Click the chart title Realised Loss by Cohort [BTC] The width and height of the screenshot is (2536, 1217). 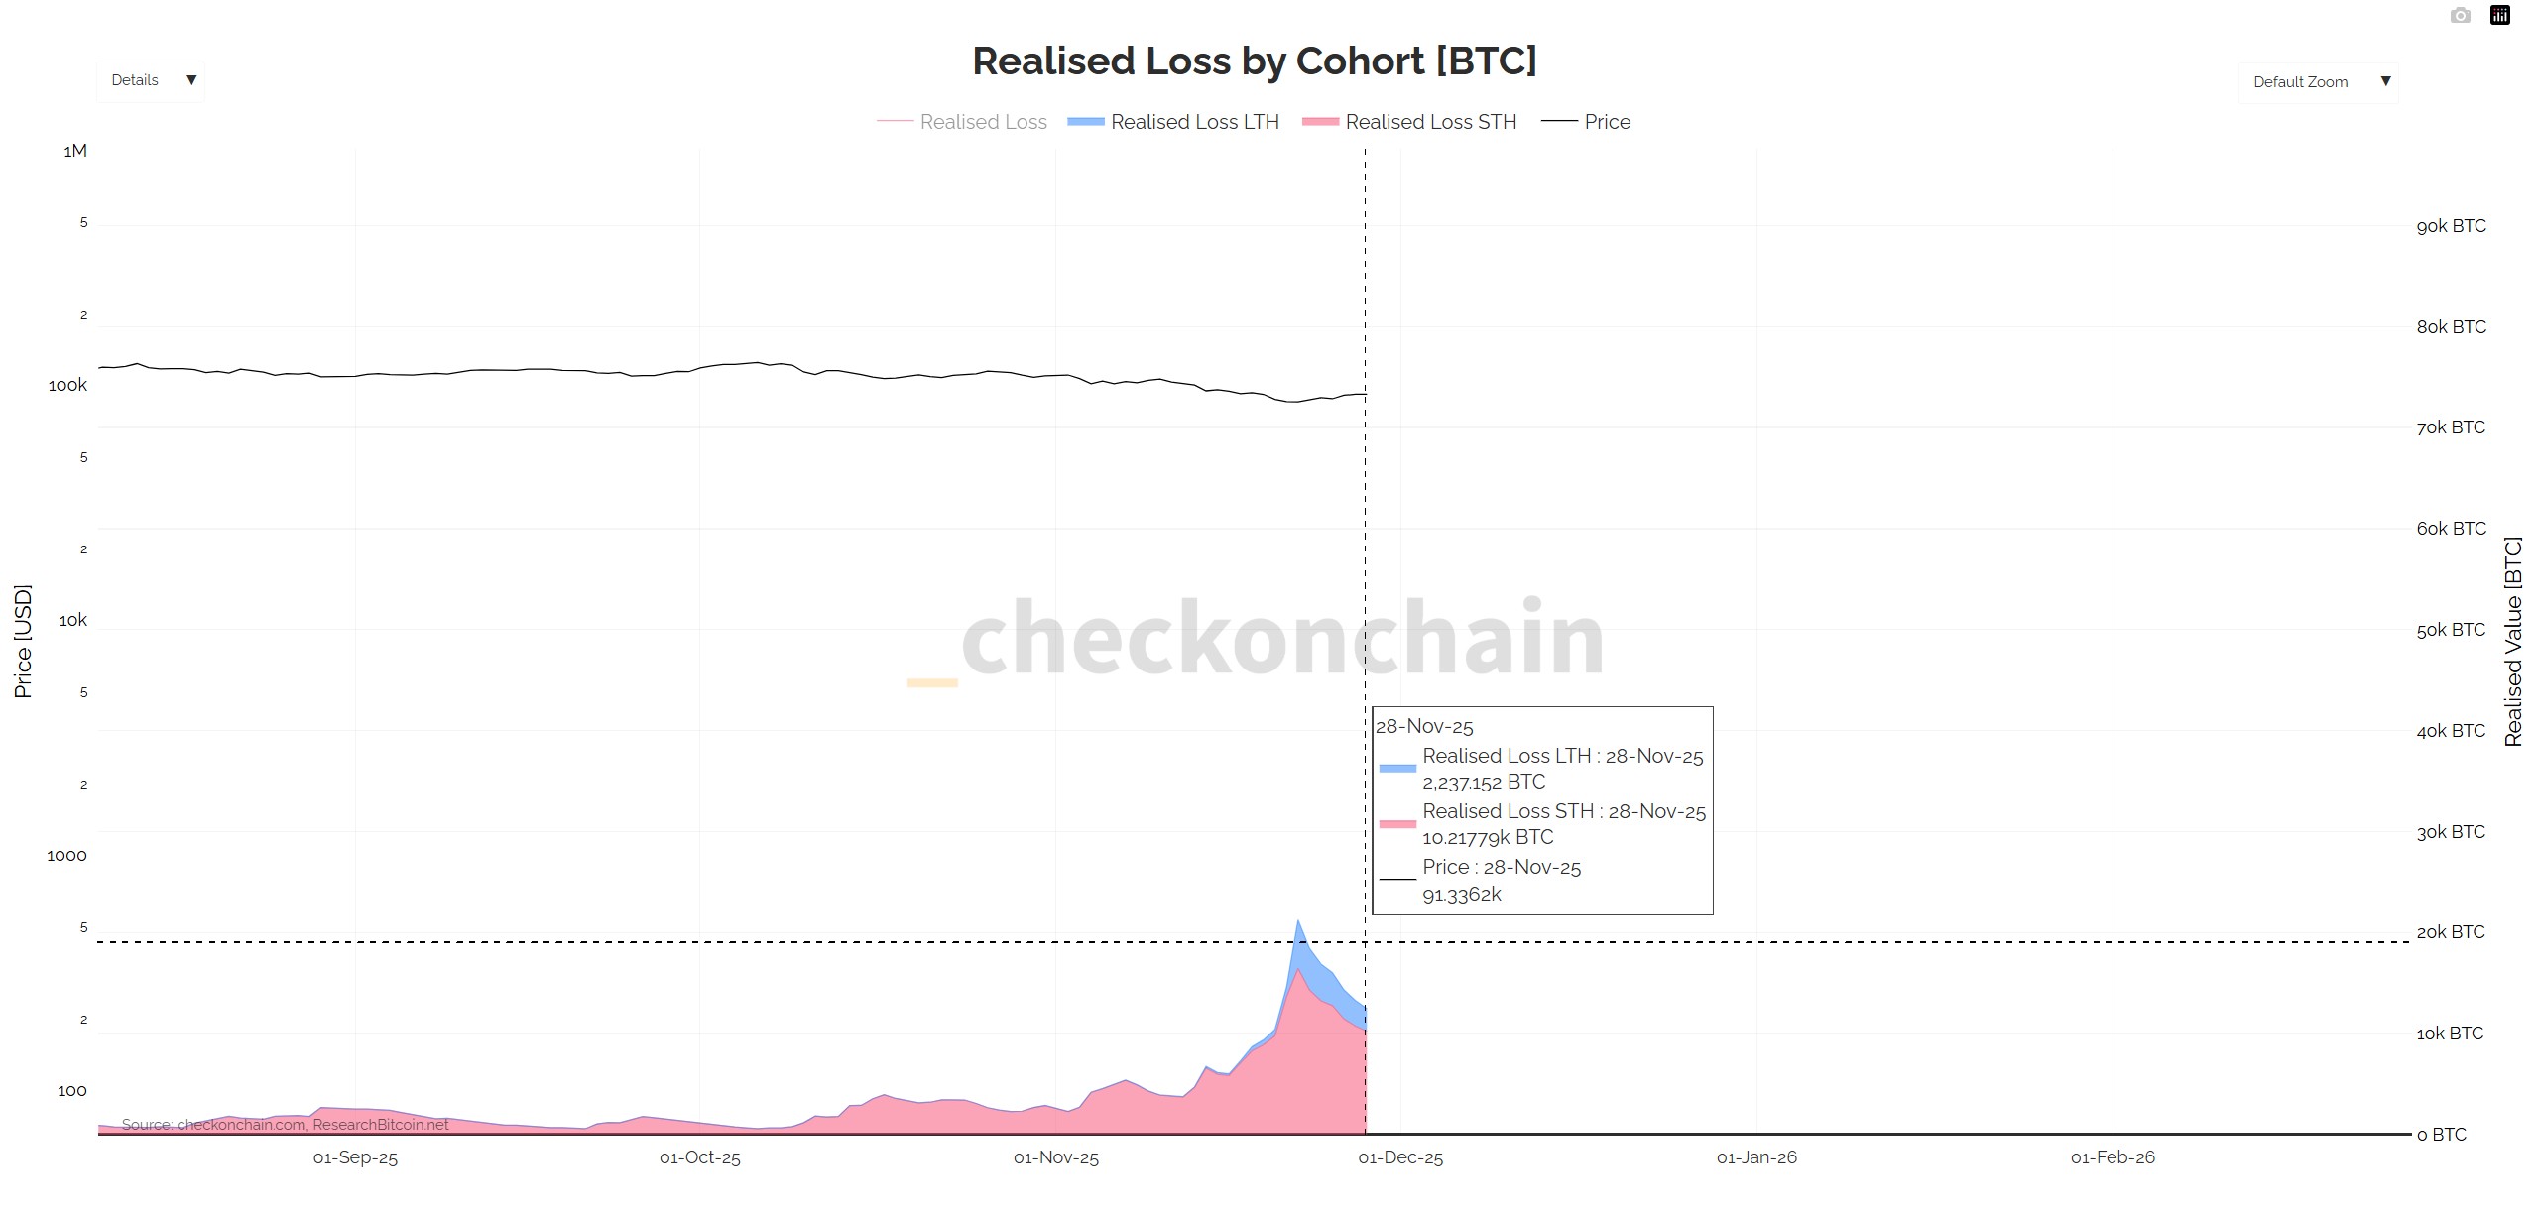coord(1254,61)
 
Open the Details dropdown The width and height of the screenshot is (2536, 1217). coord(152,80)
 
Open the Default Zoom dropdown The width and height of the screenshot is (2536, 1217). coord(2318,82)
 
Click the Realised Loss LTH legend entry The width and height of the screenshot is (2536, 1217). coord(1193,122)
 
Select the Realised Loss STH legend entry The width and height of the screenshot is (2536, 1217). coord(1429,122)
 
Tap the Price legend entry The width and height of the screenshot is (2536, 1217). coord(1606,122)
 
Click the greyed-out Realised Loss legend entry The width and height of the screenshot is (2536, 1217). coord(982,122)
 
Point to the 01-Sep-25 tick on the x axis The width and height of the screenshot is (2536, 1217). coord(355,1157)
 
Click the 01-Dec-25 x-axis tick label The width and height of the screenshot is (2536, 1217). coord(1399,1157)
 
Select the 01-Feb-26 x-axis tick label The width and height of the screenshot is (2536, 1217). coord(2112,1157)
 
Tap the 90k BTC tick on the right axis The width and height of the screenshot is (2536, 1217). coord(2450,226)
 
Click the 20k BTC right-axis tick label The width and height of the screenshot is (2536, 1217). coord(2450,932)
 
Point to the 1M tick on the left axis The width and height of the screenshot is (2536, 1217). coord(75,151)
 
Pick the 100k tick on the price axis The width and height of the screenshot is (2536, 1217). coord(67,386)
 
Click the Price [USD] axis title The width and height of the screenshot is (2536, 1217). coord(23,641)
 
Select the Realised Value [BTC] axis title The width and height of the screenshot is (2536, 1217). coord(2512,641)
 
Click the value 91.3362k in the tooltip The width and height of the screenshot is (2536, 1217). coord(1461,895)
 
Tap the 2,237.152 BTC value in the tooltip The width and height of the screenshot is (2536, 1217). coord(1483,783)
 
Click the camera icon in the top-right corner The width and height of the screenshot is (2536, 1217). coord(2460,15)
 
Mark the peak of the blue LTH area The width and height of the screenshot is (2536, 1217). coord(1297,922)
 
